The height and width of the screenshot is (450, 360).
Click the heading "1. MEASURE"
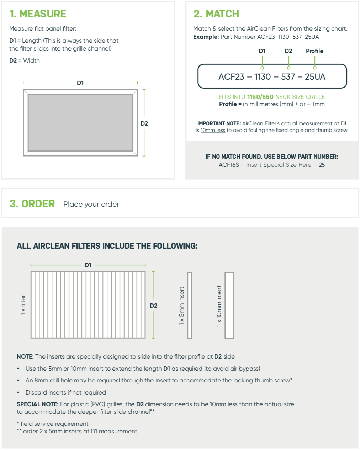pos(38,14)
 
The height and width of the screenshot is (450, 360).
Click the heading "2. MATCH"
pos(216,14)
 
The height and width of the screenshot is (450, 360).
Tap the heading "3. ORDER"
pos(32,204)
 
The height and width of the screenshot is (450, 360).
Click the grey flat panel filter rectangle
pos(80,123)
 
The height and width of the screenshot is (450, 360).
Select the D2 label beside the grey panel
pos(144,123)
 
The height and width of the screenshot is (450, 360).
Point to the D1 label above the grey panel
pos(80,83)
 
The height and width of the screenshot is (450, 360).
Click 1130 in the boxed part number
pos(263,77)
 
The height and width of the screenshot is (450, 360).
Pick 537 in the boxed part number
pos(288,77)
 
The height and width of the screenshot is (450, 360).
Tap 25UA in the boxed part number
pos(315,77)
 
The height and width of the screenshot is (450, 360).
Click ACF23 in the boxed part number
pos(231,77)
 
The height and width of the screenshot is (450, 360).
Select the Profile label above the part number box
pos(314,51)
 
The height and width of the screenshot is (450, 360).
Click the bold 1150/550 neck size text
pos(260,97)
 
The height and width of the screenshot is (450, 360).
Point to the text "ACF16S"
pos(229,165)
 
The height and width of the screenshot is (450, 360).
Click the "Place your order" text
pos(91,204)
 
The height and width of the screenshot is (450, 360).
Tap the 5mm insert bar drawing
pos(190,306)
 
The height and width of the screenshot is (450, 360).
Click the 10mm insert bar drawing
pos(229,306)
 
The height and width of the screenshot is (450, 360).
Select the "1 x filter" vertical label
pos(23,305)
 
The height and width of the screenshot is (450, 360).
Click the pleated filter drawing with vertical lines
pos(88,305)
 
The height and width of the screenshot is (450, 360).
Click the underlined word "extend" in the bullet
pos(122,369)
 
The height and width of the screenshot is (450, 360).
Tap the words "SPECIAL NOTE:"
pos(37,404)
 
